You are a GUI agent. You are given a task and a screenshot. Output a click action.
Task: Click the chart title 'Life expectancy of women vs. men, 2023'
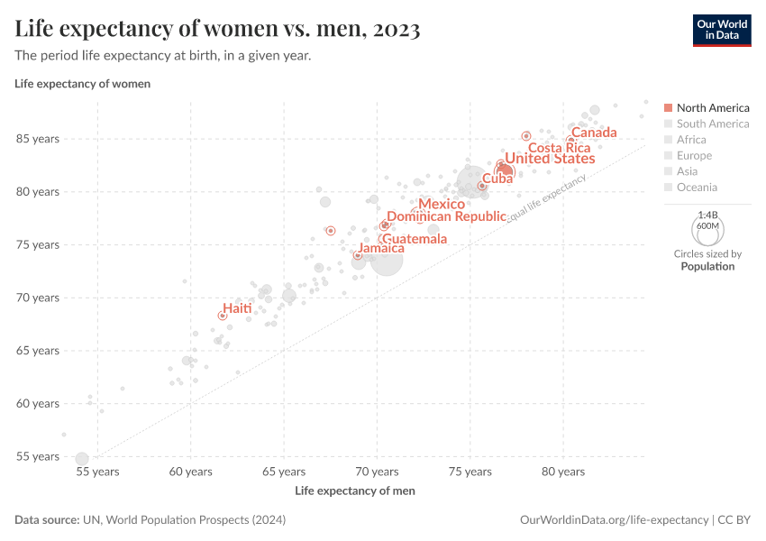click(x=217, y=29)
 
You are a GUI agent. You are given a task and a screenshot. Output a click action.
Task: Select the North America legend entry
click(x=713, y=108)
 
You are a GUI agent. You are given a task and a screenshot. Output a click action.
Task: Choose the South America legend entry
click(x=713, y=124)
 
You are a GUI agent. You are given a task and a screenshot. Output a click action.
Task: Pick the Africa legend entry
click(x=691, y=140)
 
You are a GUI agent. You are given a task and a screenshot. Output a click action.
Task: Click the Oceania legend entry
click(x=697, y=188)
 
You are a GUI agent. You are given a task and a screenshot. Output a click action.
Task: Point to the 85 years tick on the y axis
click(x=36, y=139)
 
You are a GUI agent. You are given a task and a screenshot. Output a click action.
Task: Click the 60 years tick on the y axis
click(x=36, y=403)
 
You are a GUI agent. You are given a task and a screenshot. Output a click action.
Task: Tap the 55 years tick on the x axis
click(x=97, y=472)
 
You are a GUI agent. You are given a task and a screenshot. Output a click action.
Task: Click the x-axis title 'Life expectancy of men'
click(x=355, y=491)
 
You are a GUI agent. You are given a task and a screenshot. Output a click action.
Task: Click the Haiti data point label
click(x=237, y=308)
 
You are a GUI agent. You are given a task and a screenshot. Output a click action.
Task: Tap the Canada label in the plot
click(x=594, y=133)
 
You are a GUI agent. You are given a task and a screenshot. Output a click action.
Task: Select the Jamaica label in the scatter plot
click(x=381, y=248)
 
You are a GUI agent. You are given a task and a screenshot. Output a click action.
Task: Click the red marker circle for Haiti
click(x=223, y=316)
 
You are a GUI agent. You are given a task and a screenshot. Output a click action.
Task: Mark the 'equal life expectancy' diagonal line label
click(x=546, y=198)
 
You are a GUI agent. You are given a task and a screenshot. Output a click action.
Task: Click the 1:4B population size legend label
click(x=707, y=215)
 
